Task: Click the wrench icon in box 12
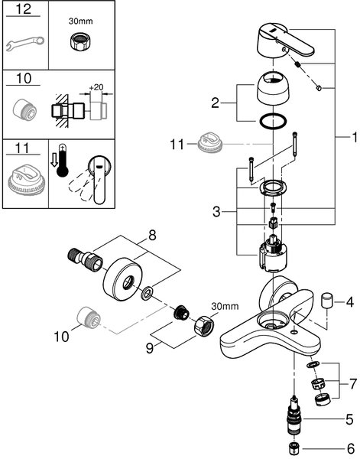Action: [25, 43]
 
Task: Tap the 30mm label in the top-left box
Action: [80, 21]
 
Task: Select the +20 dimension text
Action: [96, 87]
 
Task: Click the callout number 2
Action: [215, 103]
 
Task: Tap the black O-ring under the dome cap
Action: [273, 121]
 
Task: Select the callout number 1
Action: [355, 137]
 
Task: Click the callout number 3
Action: [216, 211]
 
